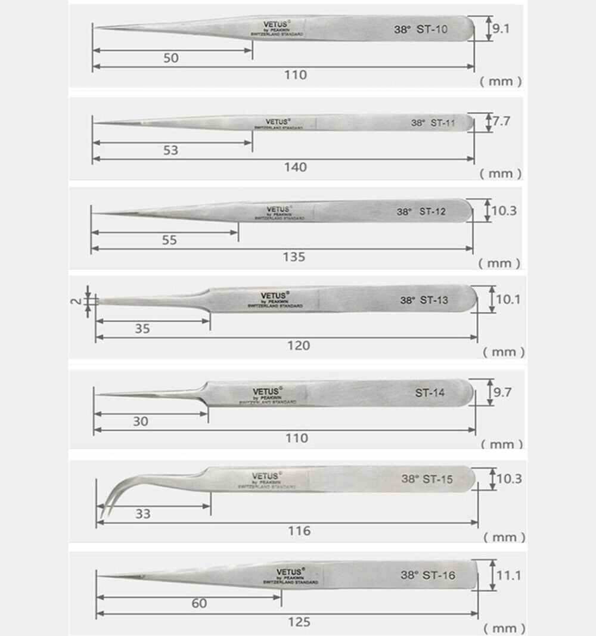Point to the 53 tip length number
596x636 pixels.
(x=170, y=150)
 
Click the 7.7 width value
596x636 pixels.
(x=501, y=121)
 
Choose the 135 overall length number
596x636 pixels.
(x=294, y=257)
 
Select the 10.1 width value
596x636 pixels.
(x=508, y=299)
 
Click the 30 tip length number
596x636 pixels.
(x=142, y=421)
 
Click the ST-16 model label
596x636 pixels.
(x=439, y=575)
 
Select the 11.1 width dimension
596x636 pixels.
(x=509, y=575)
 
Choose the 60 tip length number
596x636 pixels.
(x=200, y=603)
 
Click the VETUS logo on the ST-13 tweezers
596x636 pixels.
(x=274, y=294)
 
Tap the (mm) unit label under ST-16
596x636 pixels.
(x=504, y=628)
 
